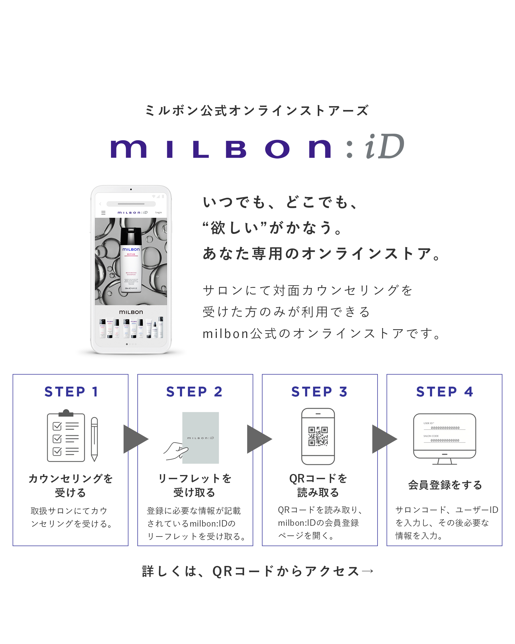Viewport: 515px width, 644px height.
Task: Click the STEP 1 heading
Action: pos(71,392)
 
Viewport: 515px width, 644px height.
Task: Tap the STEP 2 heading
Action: pos(194,392)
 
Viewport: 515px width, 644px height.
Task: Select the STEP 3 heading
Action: pos(319,392)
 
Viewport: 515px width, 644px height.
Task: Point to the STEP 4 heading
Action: pos(444,392)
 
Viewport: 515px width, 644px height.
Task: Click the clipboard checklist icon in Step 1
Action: pos(66,436)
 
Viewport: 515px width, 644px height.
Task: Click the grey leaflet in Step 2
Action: pos(201,438)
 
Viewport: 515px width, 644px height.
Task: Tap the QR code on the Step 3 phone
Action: pos(318,436)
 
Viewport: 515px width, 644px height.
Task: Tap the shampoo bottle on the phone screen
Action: pos(131,260)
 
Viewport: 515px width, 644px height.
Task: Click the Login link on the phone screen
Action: pos(159,212)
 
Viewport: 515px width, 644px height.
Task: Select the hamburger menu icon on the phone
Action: pos(103,213)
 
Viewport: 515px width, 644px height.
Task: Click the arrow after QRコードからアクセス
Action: pos(367,571)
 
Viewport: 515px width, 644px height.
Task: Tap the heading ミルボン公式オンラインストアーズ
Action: pos(257,111)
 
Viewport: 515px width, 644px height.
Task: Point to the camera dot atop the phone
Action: pos(131,189)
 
